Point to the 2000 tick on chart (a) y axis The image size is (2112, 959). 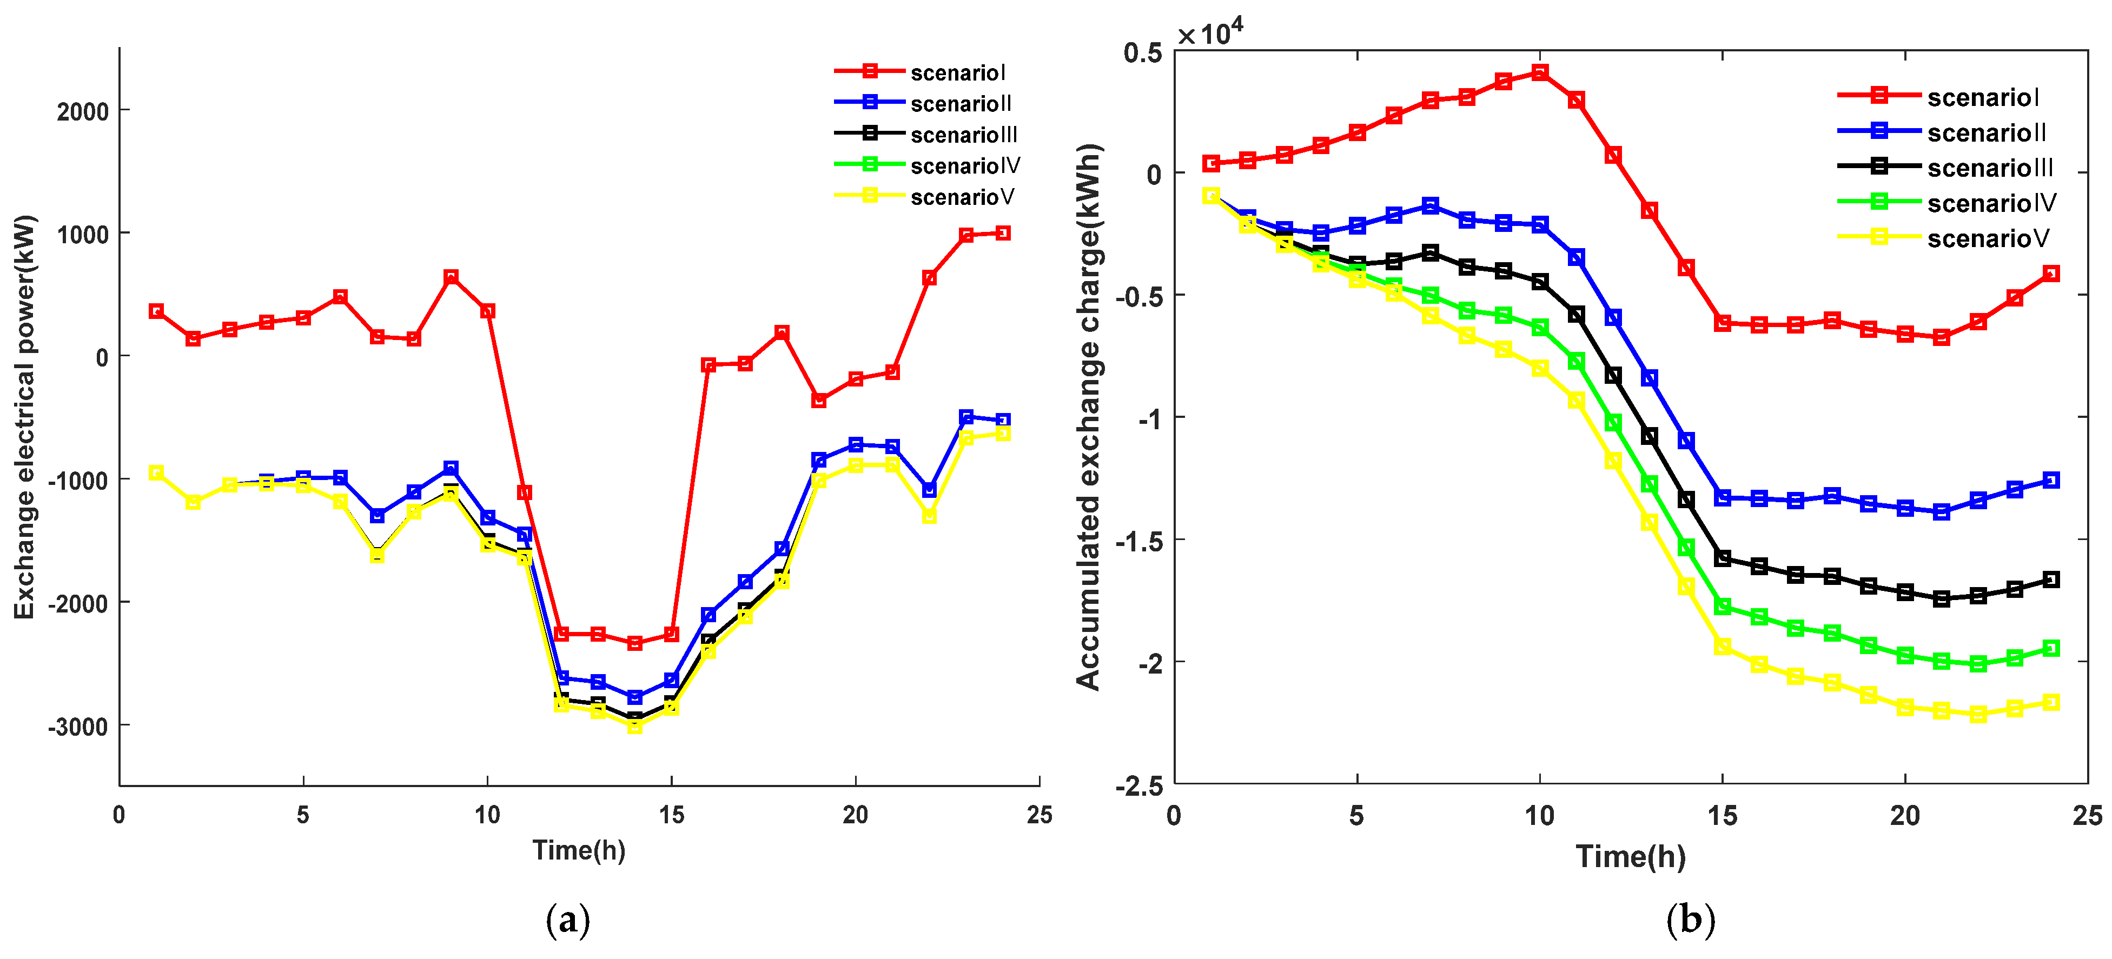pos(82,111)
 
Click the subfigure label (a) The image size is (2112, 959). pos(567,920)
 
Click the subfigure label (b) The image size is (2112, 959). pos(1690,920)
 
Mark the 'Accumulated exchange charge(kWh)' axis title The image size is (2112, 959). pos(1088,418)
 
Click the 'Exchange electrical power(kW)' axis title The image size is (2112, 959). pos(24,418)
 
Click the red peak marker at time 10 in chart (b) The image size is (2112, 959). pos(1540,73)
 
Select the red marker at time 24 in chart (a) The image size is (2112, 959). pos(1002,234)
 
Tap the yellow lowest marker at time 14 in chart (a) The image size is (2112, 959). pos(634,726)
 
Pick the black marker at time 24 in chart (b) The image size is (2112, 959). pos(2050,580)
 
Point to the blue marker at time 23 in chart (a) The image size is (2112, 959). pos(966,418)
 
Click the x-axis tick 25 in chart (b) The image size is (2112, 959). pos(2087,816)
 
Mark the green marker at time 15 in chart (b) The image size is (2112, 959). pos(1723,607)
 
